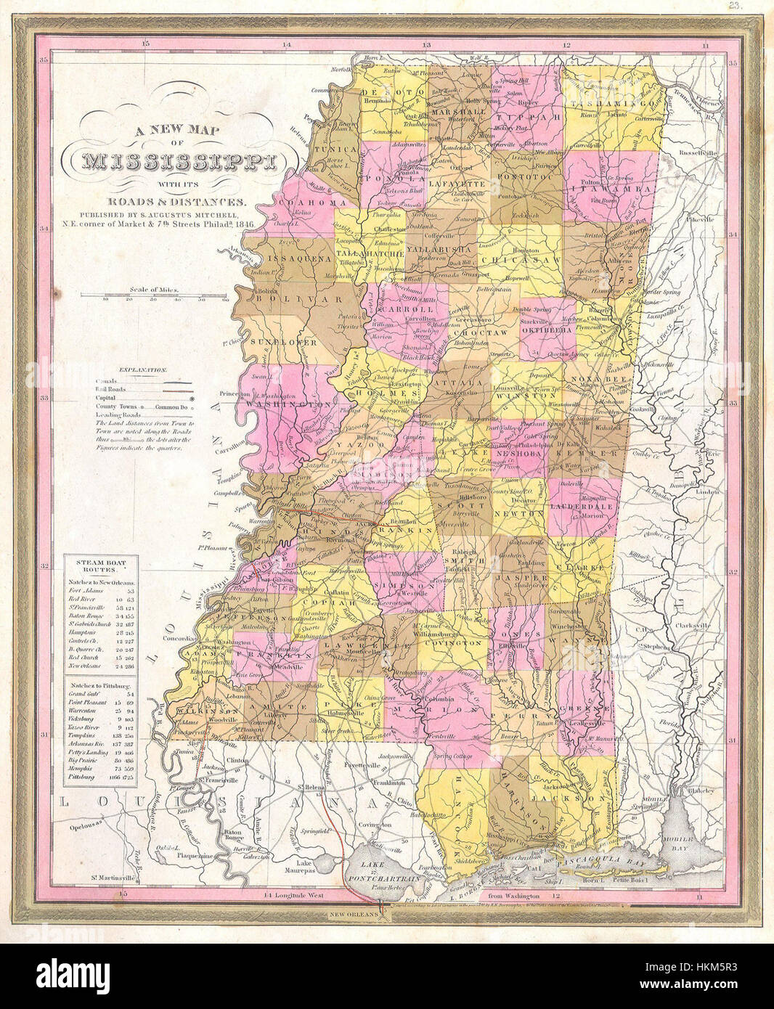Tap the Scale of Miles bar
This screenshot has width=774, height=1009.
point(154,295)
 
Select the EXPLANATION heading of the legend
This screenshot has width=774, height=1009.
point(143,369)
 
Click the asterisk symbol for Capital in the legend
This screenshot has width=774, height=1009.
point(212,399)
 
